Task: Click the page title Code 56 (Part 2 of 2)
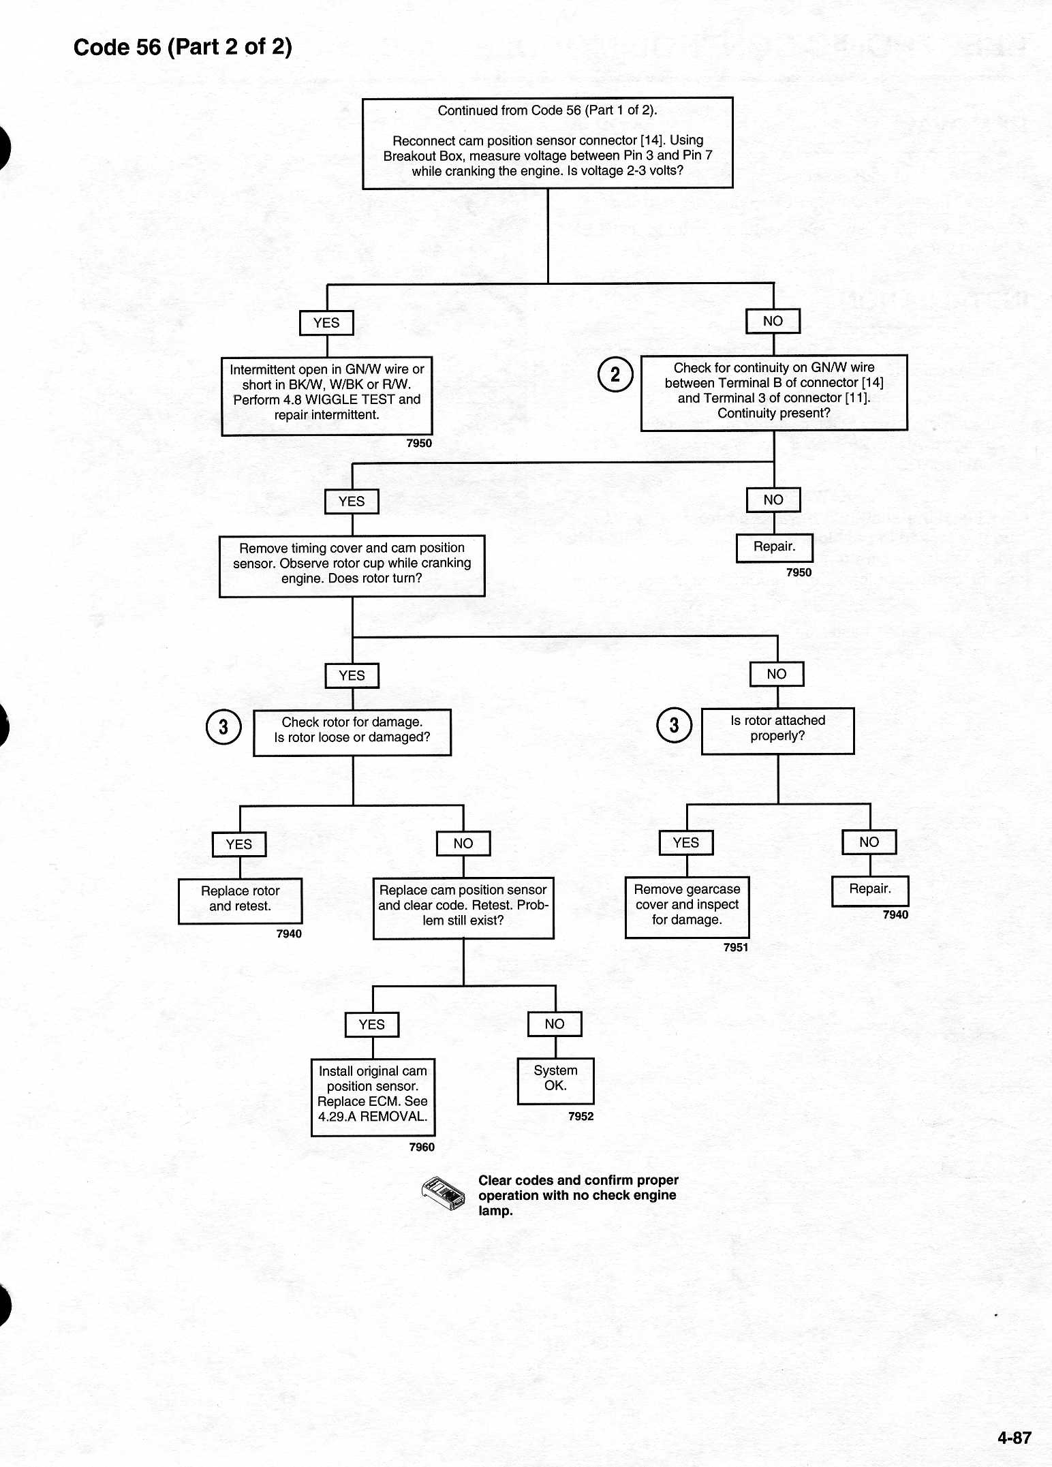(x=183, y=47)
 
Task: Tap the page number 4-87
(x=1014, y=1437)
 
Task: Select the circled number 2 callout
(x=615, y=375)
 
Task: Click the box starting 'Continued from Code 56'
(x=548, y=143)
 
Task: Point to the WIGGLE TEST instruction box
(x=327, y=396)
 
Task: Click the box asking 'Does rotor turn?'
(x=352, y=566)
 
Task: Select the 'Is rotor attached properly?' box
(x=777, y=731)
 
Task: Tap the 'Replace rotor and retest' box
(x=240, y=901)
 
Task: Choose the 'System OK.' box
(x=555, y=1081)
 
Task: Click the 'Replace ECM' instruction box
(x=373, y=1097)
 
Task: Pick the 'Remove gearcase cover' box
(x=687, y=907)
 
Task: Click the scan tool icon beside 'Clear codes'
(x=443, y=1194)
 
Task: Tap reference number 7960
(x=422, y=1147)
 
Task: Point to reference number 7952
(x=581, y=1116)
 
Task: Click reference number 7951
(x=736, y=947)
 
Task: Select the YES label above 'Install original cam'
(x=372, y=1025)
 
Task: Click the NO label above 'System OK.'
(x=555, y=1024)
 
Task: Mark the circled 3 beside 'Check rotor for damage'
(x=223, y=727)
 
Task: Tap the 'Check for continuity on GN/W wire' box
(x=774, y=392)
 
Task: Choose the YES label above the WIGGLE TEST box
(x=326, y=323)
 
